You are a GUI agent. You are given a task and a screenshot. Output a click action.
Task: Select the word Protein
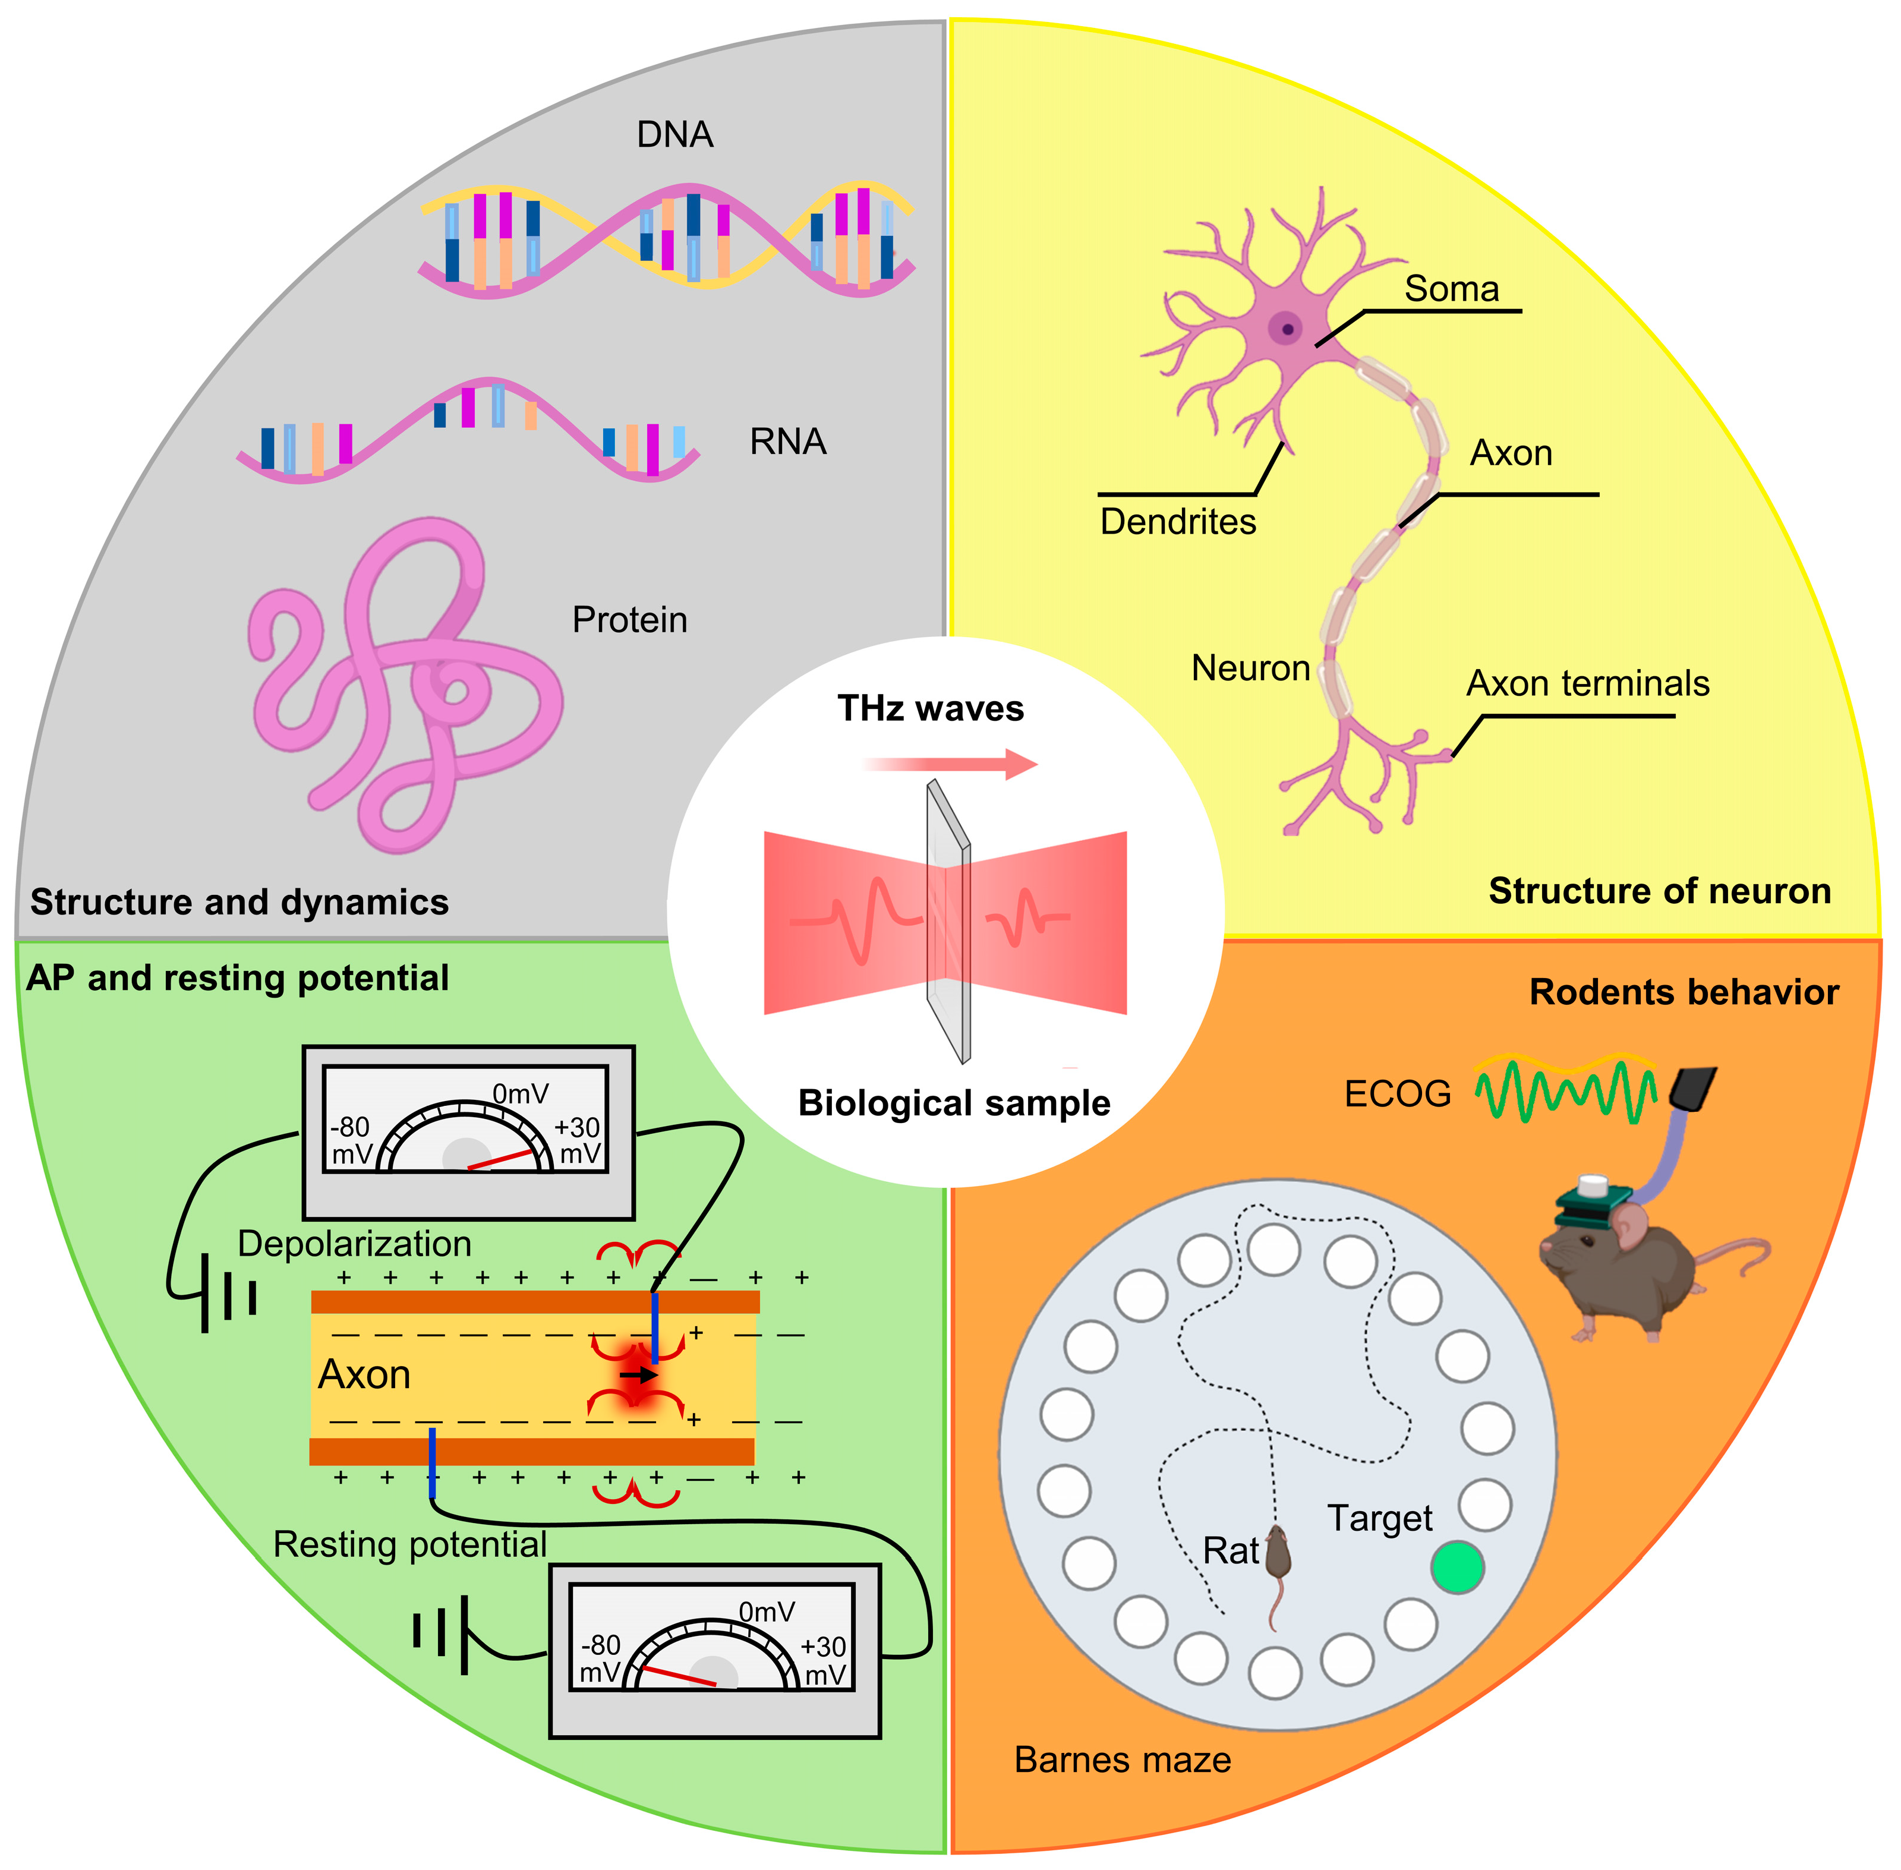[x=630, y=620]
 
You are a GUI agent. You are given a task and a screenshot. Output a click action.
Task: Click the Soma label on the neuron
[x=1451, y=289]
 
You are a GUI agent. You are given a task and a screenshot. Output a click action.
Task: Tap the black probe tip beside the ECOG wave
[x=1693, y=1088]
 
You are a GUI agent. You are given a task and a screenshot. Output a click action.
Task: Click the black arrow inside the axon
[x=639, y=1375]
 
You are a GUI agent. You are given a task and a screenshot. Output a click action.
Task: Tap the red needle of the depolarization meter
[x=501, y=1159]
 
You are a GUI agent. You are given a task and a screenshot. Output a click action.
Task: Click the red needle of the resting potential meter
[x=678, y=1676]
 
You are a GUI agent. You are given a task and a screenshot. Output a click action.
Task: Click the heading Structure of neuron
[x=1659, y=891]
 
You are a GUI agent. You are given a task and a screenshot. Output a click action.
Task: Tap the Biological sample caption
[x=953, y=1103]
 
